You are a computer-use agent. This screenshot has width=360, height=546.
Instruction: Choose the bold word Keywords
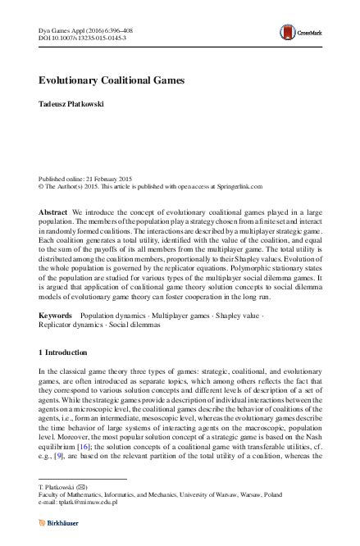pyautogui.click(x=55, y=315)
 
